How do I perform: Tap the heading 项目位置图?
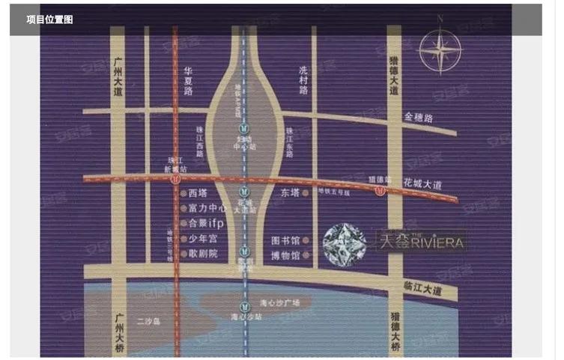click(49, 19)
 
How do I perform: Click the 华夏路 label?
click(188, 80)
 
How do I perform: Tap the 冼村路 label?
click(303, 80)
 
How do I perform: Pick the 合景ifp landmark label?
click(207, 224)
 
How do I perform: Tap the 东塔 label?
click(290, 192)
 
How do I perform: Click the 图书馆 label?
click(285, 241)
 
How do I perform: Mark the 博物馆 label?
click(285, 256)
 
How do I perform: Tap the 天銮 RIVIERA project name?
click(421, 241)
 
